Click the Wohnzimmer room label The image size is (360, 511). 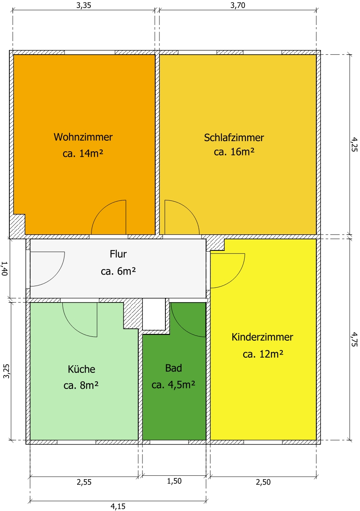coord(83,137)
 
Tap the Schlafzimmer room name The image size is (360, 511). coord(234,138)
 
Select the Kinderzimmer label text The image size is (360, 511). coord(262,337)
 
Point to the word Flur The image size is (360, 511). coord(118,254)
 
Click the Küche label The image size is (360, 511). coord(81,369)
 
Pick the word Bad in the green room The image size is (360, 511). coord(173,368)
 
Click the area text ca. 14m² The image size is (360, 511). coord(83,153)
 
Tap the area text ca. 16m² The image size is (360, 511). coord(234,152)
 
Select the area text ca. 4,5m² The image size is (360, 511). coord(173,385)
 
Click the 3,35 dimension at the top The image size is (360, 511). coord(84,5)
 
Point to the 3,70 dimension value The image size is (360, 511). coord(237,5)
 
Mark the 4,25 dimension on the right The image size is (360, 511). coord(354,144)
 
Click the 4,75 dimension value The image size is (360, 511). coord(354,339)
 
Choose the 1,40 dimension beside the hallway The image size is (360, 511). coord(5,269)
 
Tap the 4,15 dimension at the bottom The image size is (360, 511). coord(118,506)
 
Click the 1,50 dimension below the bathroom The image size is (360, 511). coord(174,481)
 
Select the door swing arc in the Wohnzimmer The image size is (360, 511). coord(101,210)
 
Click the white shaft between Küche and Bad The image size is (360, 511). coord(154,314)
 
